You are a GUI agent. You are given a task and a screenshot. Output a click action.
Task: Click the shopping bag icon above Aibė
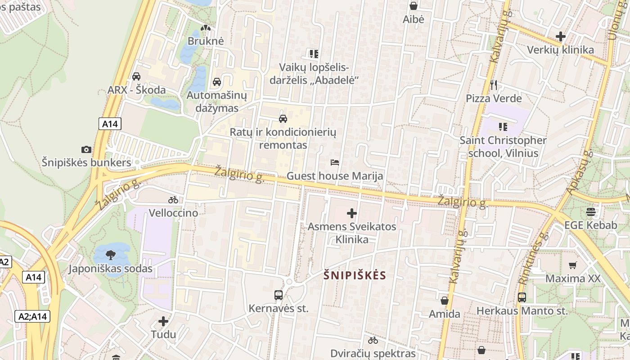pos(414,6)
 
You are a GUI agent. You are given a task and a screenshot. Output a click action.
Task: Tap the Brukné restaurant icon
pos(206,28)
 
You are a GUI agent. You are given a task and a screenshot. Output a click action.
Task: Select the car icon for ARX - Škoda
pos(136,76)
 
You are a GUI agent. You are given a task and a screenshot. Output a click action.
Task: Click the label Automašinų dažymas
pos(217,102)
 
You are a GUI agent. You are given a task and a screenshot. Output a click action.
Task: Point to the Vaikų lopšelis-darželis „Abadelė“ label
pos(314,74)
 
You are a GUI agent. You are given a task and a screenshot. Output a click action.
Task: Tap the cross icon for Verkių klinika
pos(561,36)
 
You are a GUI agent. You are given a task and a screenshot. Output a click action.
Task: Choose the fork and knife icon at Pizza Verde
pos(494,85)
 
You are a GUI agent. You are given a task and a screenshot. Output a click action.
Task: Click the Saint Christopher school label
pos(503,147)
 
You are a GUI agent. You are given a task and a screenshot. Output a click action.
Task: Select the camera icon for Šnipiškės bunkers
pos(86,149)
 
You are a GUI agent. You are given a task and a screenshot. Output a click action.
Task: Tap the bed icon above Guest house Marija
pos(335,162)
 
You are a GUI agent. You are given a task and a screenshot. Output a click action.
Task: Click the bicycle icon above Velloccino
pos(173,200)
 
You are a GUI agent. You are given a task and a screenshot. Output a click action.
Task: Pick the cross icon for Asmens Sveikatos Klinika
pos(352,213)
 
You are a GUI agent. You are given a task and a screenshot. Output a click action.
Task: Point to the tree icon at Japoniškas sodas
pos(111,256)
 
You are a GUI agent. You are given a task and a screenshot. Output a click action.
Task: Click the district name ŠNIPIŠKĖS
pos(355,275)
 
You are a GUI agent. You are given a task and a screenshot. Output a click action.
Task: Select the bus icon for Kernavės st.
pos(279,295)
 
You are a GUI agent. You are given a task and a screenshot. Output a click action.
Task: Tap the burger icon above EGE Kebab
pos(591,212)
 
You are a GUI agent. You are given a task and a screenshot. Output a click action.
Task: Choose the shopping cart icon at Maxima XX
pos(573,265)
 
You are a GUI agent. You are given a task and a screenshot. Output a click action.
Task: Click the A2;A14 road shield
pos(32,316)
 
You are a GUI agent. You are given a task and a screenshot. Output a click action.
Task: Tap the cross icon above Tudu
pos(163,321)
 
